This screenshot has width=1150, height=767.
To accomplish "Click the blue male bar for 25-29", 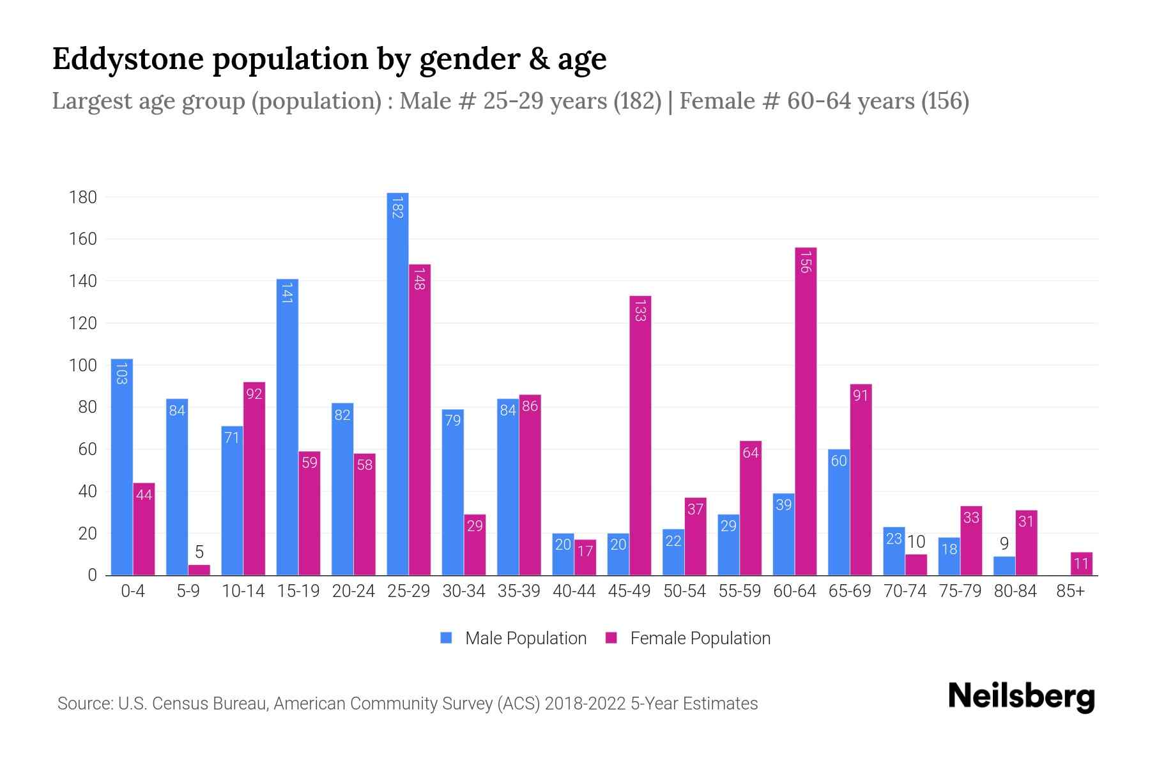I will click(397, 383).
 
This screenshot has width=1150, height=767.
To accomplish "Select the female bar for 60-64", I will click(806, 412).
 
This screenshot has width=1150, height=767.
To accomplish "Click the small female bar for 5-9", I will click(199, 570).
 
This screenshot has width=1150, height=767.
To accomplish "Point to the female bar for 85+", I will click(1082, 564).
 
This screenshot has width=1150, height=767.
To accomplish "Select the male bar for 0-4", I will click(121, 467).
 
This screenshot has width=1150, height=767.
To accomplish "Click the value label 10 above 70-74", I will click(916, 542).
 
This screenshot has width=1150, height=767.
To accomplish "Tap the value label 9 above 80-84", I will click(1004, 544).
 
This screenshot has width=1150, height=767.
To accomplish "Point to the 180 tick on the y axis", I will click(83, 197).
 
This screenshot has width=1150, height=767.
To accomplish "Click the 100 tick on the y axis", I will click(83, 366).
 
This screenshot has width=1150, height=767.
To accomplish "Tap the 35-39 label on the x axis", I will click(519, 591).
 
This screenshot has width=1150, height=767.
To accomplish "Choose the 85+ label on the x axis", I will click(1070, 591).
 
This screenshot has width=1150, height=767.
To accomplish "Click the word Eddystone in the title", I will click(127, 59).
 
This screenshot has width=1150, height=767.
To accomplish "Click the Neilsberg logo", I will click(1021, 696).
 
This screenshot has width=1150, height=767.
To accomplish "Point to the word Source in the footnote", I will click(84, 704).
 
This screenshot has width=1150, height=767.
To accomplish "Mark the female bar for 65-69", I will click(861, 479).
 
